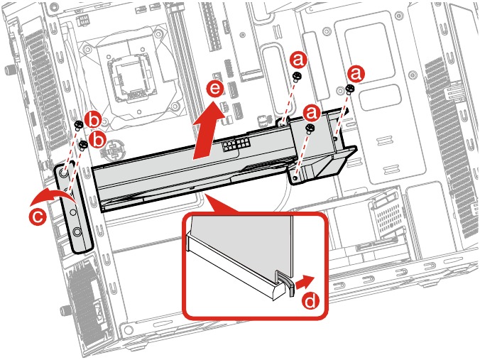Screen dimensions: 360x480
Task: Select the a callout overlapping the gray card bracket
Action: [310, 112]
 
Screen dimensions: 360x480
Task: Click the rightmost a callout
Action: [356, 72]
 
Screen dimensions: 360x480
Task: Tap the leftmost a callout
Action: [299, 58]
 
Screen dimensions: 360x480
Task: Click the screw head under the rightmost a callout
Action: [350, 88]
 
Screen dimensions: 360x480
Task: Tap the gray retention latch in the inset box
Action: [283, 283]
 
